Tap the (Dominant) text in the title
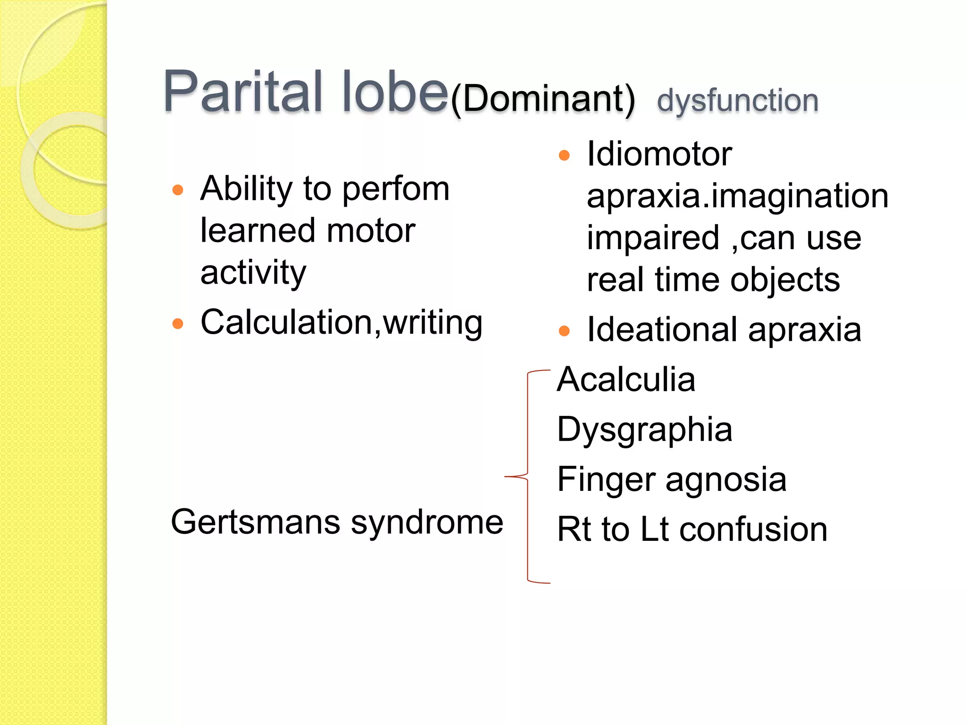(x=543, y=99)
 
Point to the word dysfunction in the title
(x=737, y=101)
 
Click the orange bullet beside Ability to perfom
(x=178, y=190)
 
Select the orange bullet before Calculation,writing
(x=178, y=324)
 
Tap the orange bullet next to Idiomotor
(x=564, y=155)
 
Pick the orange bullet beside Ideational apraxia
(x=564, y=331)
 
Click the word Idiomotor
(x=659, y=154)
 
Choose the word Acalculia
(x=626, y=379)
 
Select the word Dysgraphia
(x=644, y=430)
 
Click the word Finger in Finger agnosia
(x=606, y=480)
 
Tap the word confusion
(x=753, y=530)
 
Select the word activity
(x=253, y=273)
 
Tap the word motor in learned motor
(x=371, y=231)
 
